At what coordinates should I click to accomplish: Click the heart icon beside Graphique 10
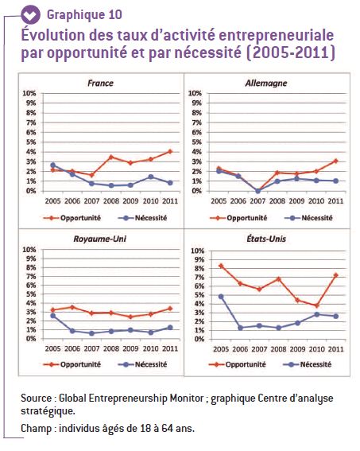31,14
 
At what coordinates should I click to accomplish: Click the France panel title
100,84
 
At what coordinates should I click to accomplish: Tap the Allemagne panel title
266,84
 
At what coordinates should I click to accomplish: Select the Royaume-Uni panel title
99,239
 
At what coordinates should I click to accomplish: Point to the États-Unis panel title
266,239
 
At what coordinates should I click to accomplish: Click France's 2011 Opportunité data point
170,152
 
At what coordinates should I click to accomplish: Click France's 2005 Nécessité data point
52,165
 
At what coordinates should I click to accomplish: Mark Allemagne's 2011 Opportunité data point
335,161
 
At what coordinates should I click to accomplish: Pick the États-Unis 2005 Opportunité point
221,266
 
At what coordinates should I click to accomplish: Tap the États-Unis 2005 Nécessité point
221,297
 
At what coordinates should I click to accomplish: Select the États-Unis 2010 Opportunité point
317,305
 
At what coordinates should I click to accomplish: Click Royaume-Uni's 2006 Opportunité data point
72,307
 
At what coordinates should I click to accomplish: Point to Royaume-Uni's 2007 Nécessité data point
91,333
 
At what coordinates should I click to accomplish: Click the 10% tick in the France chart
29,93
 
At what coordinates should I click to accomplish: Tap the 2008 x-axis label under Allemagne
277,201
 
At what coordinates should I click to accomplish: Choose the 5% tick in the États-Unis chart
199,295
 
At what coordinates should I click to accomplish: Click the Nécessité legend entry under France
142,218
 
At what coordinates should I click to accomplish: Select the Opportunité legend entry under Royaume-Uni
72,364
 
